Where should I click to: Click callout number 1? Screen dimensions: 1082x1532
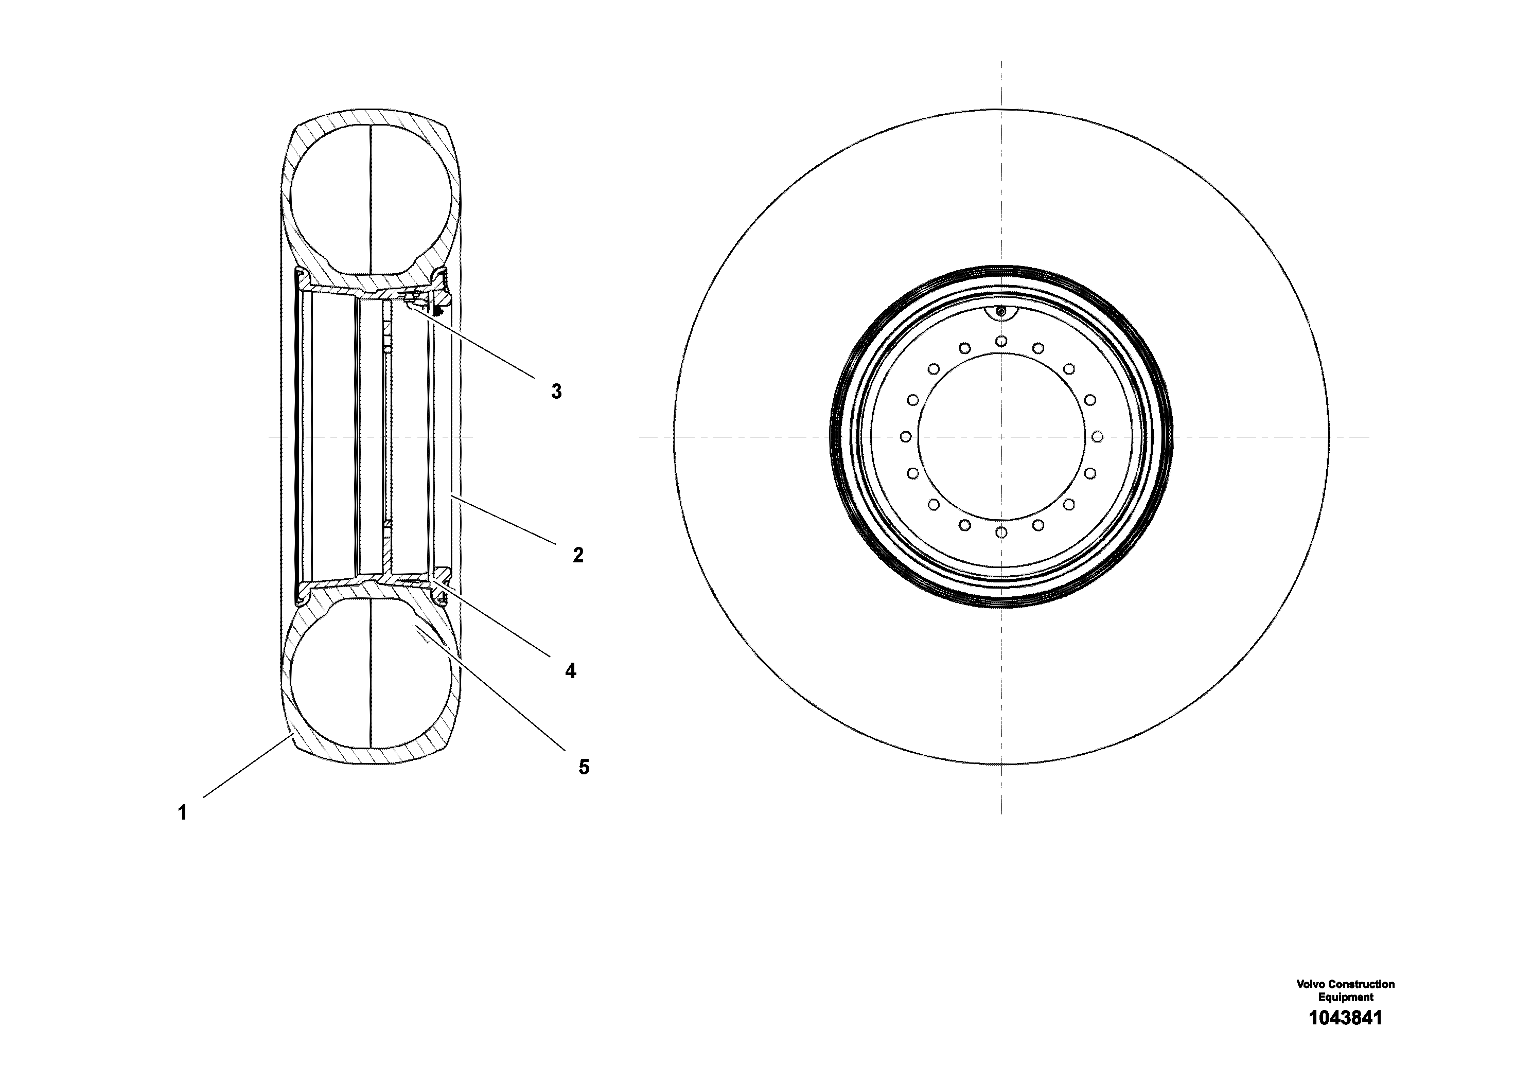(182, 813)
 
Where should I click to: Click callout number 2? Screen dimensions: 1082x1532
(578, 555)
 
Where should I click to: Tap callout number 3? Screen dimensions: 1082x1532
(556, 392)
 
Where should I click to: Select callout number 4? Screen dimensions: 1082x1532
(571, 670)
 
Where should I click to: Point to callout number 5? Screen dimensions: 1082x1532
(584, 767)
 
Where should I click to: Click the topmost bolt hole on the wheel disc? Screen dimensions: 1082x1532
(1001, 341)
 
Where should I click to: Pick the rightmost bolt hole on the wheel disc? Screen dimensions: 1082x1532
(1097, 437)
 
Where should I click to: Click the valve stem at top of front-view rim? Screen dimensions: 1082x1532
(1001, 311)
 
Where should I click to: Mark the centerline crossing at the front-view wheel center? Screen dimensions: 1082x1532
(1001, 437)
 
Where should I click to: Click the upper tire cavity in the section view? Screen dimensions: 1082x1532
(371, 200)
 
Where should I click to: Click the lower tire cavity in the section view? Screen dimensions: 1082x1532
(371, 674)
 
